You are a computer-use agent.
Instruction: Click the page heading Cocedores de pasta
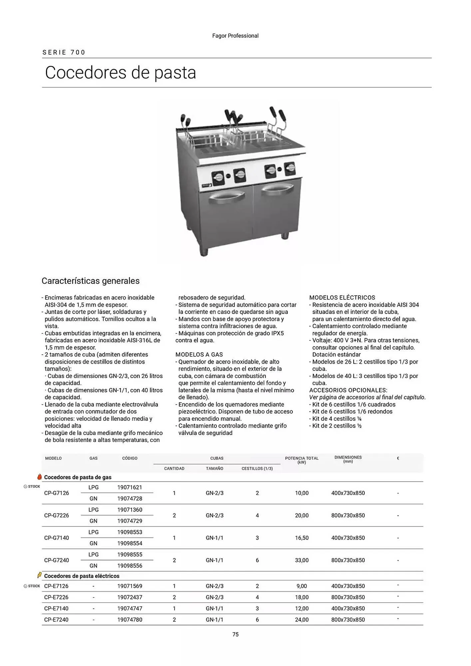120,73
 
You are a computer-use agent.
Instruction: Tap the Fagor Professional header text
235,36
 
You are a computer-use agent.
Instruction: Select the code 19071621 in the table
130,487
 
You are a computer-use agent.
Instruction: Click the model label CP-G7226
57,515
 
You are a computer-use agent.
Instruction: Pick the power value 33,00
301,560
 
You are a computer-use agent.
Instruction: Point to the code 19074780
130,619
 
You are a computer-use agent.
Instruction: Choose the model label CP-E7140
56,608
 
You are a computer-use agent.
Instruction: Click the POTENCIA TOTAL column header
301,460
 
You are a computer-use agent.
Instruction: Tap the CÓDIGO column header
130,458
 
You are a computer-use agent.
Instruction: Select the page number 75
235,634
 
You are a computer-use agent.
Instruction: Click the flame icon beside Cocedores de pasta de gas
40,477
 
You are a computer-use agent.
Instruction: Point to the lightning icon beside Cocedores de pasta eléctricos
39,575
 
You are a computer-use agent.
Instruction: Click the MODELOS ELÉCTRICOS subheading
342,297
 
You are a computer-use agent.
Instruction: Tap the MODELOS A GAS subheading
199,354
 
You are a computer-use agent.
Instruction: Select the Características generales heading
91,281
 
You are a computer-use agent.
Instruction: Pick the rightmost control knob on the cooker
290,168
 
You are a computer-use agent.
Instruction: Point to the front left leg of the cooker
204,252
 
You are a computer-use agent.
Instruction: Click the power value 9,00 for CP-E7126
301,586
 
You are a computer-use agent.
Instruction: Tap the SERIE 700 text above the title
64,52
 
